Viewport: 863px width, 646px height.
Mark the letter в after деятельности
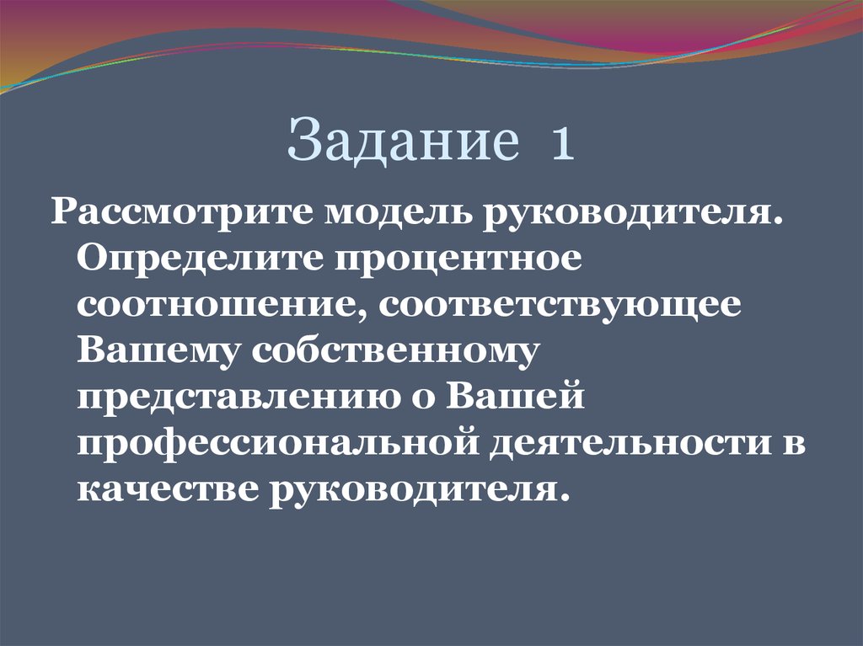click(x=794, y=444)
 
